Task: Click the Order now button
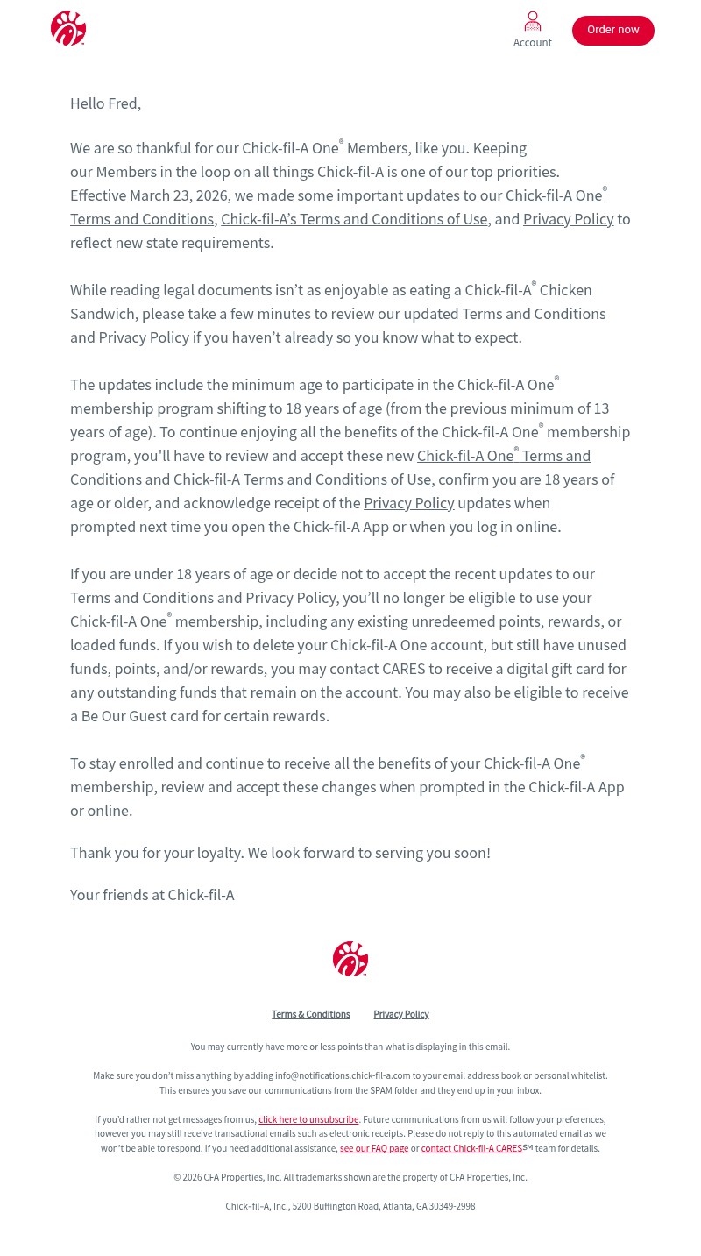coord(612,30)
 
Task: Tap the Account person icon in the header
coord(533,22)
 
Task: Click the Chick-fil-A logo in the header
coord(68,28)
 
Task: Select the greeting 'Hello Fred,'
coord(105,103)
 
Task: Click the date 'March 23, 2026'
coord(179,195)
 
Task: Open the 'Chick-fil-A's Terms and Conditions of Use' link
coord(354,219)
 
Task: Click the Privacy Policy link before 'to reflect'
coord(568,219)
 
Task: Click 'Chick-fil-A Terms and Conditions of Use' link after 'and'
coord(302,479)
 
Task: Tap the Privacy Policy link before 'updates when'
coord(408,503)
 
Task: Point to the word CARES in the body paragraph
coord(403,669)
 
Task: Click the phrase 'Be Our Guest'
coord(124,716)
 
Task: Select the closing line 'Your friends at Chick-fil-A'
coord(152,895)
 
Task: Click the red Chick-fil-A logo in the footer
coord(350,959)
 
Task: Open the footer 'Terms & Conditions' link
coord(310,1015)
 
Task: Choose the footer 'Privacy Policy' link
coord(400,1015)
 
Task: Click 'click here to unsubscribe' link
coord(308,1120)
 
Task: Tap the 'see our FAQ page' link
coord(374,1149)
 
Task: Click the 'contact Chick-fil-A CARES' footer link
coord(471,1149)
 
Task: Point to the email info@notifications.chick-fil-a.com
coord(343,1076)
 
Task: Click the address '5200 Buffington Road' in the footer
coord(336,1207)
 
